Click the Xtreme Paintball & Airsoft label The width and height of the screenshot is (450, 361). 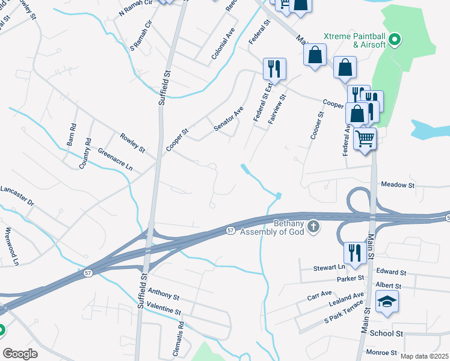pyautogui.click(x=355, y=40)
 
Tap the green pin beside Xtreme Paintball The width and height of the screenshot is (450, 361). pyautogui.click(x=395, y=40)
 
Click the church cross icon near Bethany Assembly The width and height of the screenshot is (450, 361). pyautogui.click(x=313, y=227)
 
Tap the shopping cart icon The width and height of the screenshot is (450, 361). pyautogui.click(x=365, y=138)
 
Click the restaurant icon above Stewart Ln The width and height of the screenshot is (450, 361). pyautogui.click(x=354, y=253)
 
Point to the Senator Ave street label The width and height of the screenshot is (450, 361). pyautogui.click(x=229, y=119)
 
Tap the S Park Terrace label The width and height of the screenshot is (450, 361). pyautogui.click(x=344, y=313)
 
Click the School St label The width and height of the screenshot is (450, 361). pyautogui.click(x=386, y=333)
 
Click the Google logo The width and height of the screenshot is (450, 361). pyautogui.click(x=20, y=353)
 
